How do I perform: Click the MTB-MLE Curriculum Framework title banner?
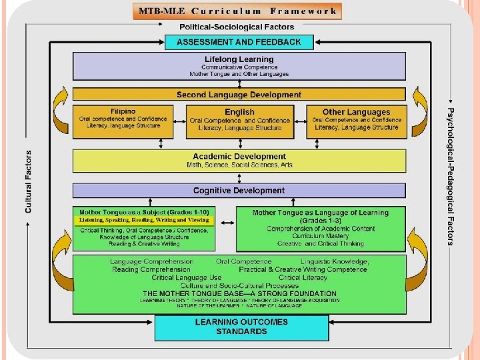237,11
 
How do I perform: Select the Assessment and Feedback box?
239,42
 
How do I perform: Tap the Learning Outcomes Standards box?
241,327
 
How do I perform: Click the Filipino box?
123,122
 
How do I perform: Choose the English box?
240,122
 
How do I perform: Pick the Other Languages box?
357,122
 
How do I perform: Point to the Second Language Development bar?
239,94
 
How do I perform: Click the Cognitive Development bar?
239,191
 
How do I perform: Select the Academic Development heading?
239,157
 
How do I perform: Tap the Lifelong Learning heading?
239,59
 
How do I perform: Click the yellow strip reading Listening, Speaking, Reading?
144,220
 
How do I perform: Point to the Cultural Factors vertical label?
28,181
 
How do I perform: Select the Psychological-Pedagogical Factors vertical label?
450,176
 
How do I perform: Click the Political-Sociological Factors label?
237,27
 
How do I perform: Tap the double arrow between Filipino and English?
180,121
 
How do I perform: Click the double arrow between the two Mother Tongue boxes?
227,223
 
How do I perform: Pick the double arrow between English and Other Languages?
300,121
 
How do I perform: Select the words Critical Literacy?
303,277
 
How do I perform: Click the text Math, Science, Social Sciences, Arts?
239,165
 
